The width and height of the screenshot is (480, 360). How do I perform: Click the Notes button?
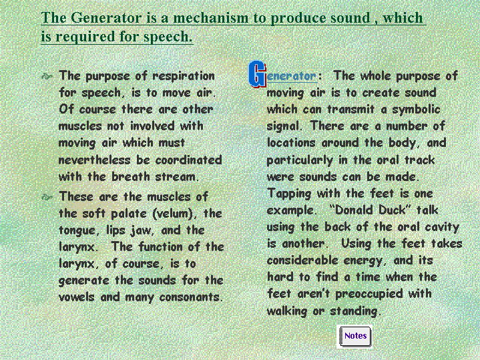click(354, 336)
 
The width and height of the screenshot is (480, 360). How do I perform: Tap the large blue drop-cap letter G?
click(257, 74)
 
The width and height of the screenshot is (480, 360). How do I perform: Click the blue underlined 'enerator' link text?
click(291, 76)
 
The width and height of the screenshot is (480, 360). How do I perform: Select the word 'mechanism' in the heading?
click(211, 17)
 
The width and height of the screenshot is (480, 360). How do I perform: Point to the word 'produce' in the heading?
click(298, 18)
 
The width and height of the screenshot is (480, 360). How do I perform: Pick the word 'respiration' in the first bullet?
click(184, 76)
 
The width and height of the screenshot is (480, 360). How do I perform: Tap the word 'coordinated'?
click(188, 160)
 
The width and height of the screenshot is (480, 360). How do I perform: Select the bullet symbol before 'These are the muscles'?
click(47, 197)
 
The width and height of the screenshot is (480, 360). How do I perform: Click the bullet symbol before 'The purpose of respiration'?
click(47, 76)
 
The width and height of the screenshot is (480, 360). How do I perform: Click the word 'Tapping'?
click(289, 194)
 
